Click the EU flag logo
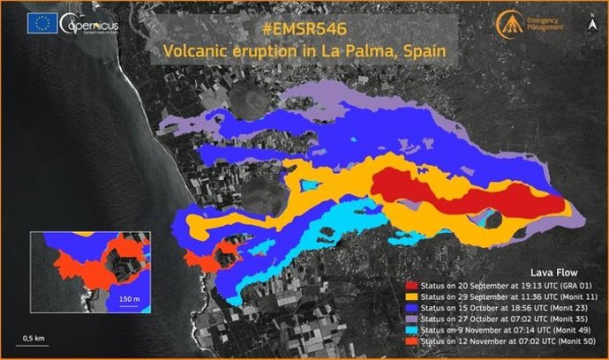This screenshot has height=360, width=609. pos(43,25)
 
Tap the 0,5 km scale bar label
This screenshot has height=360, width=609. pos(35,338)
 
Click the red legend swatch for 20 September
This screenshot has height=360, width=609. pos(410,286)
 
